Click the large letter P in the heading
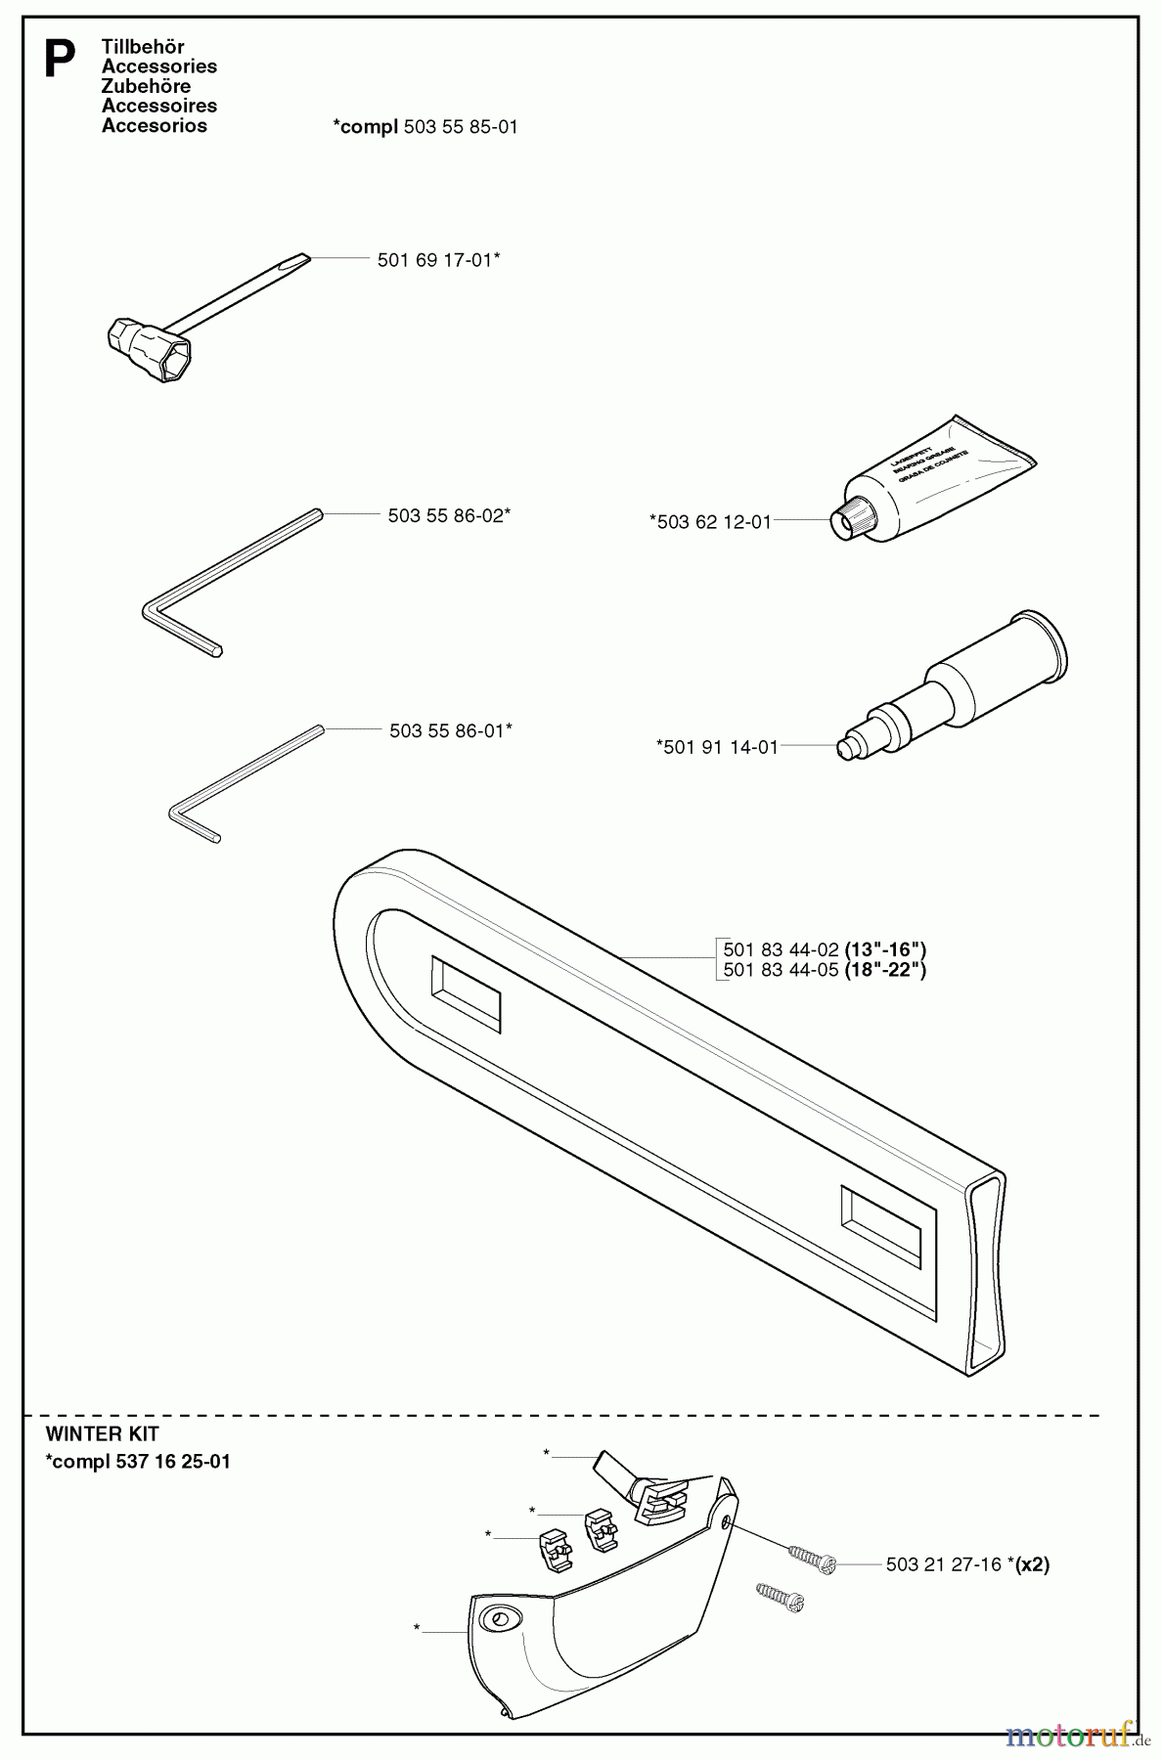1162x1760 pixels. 60,61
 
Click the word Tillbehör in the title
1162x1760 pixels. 143,47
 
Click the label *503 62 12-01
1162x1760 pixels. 710,522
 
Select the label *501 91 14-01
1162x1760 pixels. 717,747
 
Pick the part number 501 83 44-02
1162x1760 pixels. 781,949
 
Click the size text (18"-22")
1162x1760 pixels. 885,970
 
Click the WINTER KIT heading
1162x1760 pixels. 102,1434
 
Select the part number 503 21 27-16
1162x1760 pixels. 943,1564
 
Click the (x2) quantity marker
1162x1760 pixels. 1032,1564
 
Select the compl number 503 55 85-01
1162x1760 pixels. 460,127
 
